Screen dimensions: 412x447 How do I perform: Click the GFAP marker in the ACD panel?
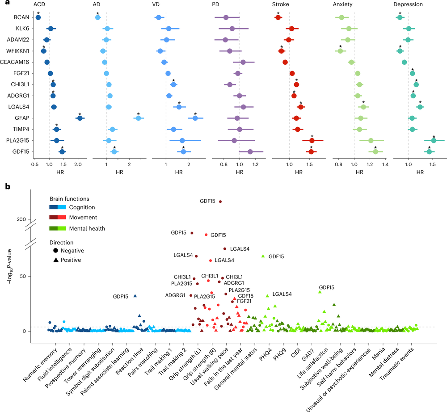(x=80, y=118)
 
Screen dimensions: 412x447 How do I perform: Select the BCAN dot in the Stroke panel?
(x=278, y=17)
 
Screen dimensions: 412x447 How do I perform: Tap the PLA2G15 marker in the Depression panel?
(x=433, y=141)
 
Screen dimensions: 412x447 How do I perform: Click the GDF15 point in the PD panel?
(x=250, y=152)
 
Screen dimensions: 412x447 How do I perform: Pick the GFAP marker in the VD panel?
(x=195, y=118)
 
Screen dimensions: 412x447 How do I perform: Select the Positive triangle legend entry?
(x=71, y=260)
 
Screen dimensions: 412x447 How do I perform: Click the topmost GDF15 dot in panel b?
(x=220, y=202)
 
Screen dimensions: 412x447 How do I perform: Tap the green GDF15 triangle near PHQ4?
(x=263, y=256)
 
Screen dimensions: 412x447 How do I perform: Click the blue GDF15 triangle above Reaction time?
(x=135, y=296)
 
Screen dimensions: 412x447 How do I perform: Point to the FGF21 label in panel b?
(x=244, y=302)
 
